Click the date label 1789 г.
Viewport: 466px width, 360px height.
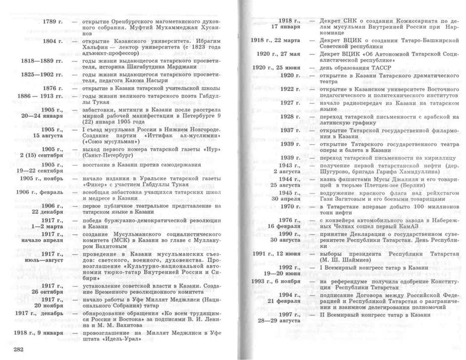52,23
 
